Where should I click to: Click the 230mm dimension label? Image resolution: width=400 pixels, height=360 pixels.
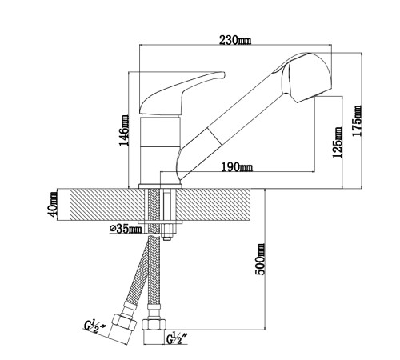(235, 40)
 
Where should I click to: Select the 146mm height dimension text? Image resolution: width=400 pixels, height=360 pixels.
(124, 130)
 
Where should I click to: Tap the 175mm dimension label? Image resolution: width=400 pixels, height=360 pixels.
(357, 121)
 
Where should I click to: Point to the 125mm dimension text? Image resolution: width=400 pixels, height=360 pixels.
(338, 142)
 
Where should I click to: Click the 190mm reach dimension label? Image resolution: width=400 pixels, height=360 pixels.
(237, 167)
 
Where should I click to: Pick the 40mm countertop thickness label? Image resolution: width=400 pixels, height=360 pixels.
(52, 204)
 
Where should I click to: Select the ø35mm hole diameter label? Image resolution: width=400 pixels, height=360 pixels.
(126, 229)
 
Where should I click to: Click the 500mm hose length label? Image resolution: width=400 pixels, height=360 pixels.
(260, 259)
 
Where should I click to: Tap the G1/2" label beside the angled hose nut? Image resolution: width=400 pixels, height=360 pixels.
(94, 326)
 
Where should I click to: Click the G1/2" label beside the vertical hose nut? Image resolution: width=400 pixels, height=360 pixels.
(176, 338)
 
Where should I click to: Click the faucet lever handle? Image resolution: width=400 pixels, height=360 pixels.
(182, 93)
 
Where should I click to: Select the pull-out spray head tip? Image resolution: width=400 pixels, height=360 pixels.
(306, 78)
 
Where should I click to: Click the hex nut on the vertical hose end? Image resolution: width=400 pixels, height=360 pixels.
(154, 325)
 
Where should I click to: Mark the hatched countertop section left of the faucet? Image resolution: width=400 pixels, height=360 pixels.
(105, 205)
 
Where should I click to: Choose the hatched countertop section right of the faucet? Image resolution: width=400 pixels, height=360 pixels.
(214, 205)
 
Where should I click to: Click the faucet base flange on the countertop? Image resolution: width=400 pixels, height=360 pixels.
(160, 186)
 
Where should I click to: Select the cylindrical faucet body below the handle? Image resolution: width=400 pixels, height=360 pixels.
(160, 150)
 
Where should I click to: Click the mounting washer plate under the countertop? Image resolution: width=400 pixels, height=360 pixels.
(160, 222)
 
